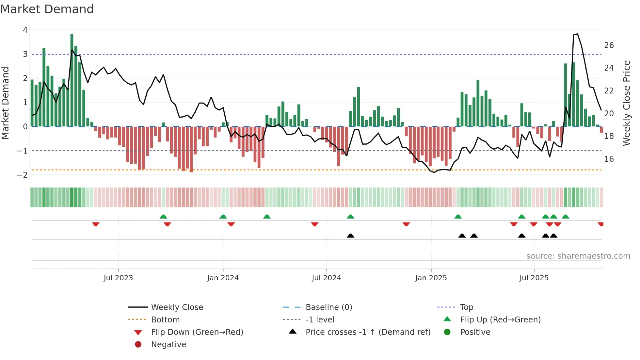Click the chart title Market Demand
(47, 9)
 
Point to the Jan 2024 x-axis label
(223, 278)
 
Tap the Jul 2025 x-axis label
(534, 278)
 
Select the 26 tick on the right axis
(609, 45)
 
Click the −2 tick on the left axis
(23, 175)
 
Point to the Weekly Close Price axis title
(626, 103)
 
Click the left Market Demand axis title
(5, 103)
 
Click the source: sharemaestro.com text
(578, 256)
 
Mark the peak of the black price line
(577, 34)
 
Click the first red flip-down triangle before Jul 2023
(96, 224)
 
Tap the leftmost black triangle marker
(350, 236)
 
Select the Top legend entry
(467, 307)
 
